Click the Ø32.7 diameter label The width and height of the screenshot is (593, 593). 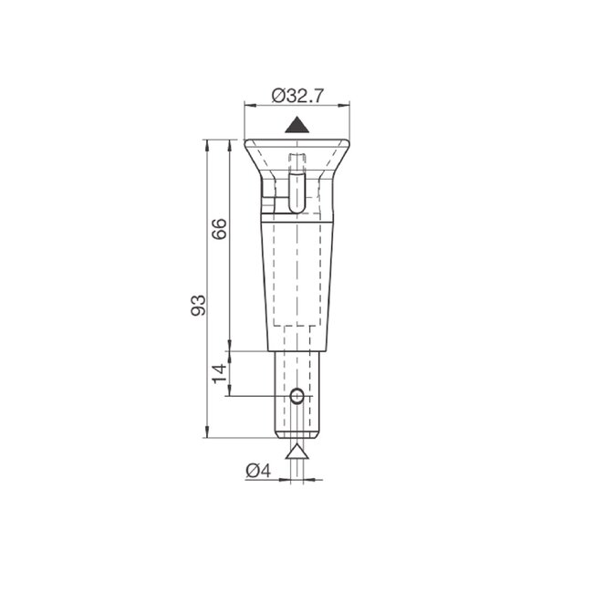coord(298,93)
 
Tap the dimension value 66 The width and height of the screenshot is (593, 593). coord(219,228)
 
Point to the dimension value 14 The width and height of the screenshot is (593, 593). coord(219,372)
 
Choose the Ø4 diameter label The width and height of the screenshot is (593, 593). coord(258,471)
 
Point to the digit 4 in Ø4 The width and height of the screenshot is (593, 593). coord(265,471)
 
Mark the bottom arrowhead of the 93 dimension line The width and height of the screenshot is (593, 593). coord(208,434)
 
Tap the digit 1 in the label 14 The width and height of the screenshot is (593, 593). coord(219,379)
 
